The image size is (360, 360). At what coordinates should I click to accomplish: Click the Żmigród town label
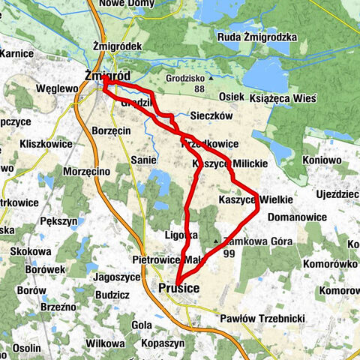point(108,76)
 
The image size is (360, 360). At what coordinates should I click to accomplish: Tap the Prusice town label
point(178,287)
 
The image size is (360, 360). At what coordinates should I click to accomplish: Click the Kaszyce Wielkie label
point(249,200)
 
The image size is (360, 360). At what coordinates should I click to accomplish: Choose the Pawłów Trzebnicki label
point(262,319)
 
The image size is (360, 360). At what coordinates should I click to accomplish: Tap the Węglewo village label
point(57,88)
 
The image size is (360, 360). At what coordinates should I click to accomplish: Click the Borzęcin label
point(111,130)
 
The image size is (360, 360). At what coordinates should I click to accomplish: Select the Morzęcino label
point(87,172)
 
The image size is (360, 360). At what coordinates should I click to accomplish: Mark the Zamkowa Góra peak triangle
point(217,241)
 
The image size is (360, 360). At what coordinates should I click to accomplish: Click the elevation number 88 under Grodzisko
point(198,89)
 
